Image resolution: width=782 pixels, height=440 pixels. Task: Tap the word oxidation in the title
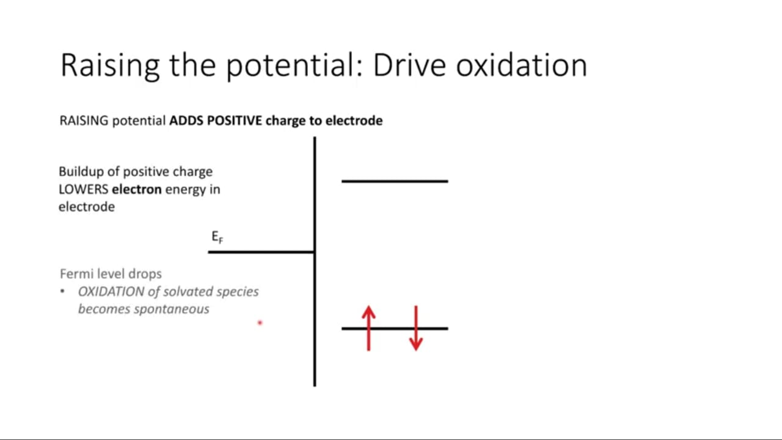tap(522, 65)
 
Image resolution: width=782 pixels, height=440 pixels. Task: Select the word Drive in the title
tap(409, 65)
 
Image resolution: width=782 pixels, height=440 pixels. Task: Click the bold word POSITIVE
tap(234, 120)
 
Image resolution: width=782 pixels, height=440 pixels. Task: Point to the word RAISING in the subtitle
tap(84, 121)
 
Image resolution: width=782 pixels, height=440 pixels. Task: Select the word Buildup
tap(81, 172)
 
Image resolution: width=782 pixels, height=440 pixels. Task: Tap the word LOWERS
tap(84, 189)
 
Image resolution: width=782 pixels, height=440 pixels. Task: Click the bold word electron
tap(136, 189)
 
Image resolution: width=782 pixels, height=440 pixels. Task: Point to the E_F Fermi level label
tap(217, 237)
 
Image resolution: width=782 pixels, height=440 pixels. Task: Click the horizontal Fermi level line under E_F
tap(261, 252)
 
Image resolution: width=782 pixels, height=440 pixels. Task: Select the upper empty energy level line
tap(395, 182)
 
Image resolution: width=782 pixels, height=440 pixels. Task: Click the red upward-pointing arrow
tap(368, 328)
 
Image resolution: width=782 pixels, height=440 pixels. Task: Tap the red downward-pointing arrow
tap(416, 328)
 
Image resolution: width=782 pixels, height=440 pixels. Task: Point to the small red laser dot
tap(260, 323)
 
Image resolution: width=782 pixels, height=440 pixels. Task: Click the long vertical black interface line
tap(315, 262)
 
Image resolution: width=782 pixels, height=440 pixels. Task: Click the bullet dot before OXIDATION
tap(62, 291)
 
